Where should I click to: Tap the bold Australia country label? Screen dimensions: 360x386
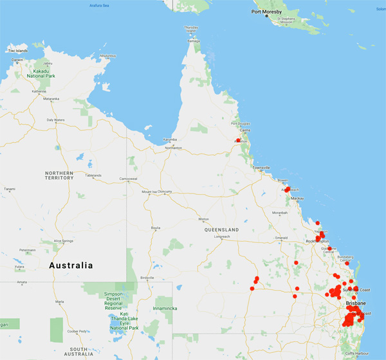click(71, 265)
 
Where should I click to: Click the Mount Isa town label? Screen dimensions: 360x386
click(149, 191)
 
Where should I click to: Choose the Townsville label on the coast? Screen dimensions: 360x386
click(261, 167)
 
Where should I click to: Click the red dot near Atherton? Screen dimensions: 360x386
click(238, 140)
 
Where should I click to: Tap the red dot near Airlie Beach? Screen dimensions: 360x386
click(288, 189)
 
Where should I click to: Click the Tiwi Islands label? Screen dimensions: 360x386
click(17, 50)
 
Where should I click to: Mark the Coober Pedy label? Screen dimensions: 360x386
click(80, 331)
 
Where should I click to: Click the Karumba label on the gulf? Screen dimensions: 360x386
click(170, 139)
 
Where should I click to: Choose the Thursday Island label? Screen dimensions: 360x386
click(192, 29)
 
